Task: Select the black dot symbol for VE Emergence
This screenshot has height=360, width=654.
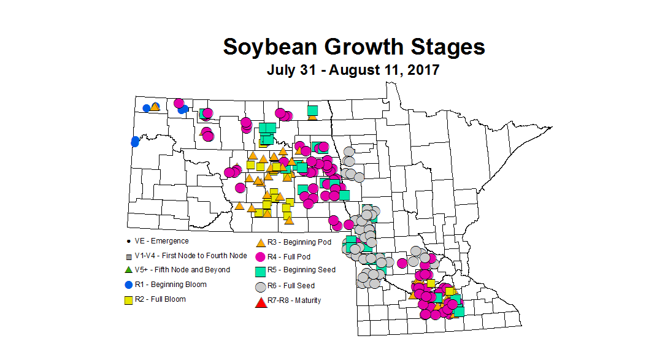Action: (x=128, y=242)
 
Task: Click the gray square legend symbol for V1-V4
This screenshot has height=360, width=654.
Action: (x=128, y=256)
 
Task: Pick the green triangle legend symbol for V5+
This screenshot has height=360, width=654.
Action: (x=128, y=270)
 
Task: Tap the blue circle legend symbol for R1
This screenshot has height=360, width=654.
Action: (x=128, y=285)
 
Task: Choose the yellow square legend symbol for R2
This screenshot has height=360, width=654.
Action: (x=128, y=300)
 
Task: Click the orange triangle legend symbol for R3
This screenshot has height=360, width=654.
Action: (x=260, y=243)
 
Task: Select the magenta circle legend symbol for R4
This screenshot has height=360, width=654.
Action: (x=260, y=256)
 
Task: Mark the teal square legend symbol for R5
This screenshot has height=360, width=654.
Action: (x=260, y=270)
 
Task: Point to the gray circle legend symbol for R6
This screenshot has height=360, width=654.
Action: (x=260, y=286)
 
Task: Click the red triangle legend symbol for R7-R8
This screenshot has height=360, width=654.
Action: (x=260, y=301)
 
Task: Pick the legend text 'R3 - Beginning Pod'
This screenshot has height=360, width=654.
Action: (x=299, y=242)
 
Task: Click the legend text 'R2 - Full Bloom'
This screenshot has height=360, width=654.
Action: (x=160, y=299)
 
